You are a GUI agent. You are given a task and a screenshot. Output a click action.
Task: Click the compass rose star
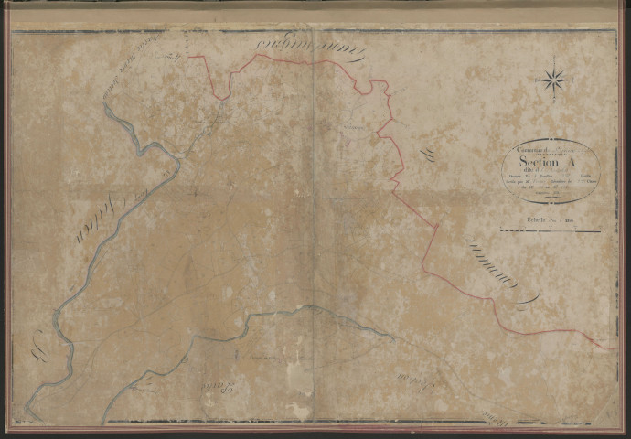[x=553, y=79]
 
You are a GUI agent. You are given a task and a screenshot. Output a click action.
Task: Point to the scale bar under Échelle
[x=549, y=231]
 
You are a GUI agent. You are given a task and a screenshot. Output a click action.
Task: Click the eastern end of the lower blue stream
[x=393, y=337]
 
